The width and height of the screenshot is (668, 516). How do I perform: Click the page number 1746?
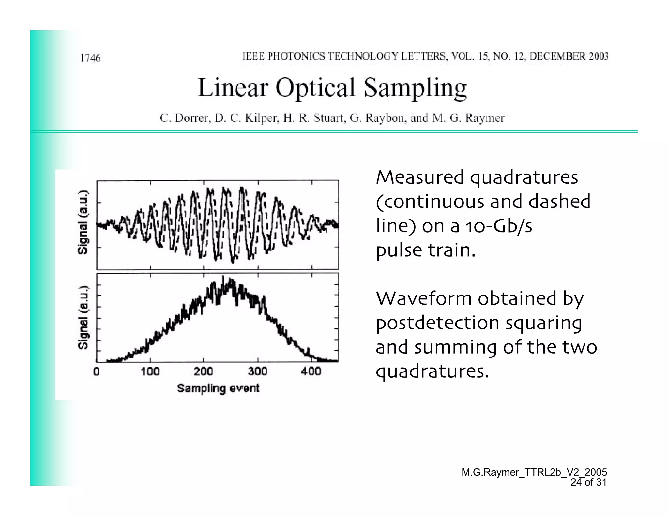pyautogui.click(x=90, y=58)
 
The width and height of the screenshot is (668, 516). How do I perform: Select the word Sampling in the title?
pyautogui.click(x=415, y=88)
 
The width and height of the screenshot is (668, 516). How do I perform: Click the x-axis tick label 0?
pyautogui.click(x=97, y=372)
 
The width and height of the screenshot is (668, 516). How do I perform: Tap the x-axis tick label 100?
pyautogui.click(x=150, y=372)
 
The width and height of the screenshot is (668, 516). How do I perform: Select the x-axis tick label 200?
pyautogui.click(x=204, y=372)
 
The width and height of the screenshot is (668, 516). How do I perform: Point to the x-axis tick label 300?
pyautogui.click(x=258, y=372)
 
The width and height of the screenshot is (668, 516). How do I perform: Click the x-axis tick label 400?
pyautogui.click(x=311, y=372)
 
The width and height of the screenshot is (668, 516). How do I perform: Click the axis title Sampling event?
pyautogui.click(x=218, y=388)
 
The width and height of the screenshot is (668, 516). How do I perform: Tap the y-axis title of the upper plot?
pyautogui.click(x=83, y=222)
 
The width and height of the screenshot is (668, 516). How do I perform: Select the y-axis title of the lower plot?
pyautogui.click(x=83, y=317)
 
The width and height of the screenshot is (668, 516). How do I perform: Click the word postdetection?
pyautogui.click(x=437, y=323)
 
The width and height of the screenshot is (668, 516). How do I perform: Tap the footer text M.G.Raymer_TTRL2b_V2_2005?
pyautogui.click(x=534, y=472)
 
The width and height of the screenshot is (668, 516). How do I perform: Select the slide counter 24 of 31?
pyautogui.click(x=588, y=482)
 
